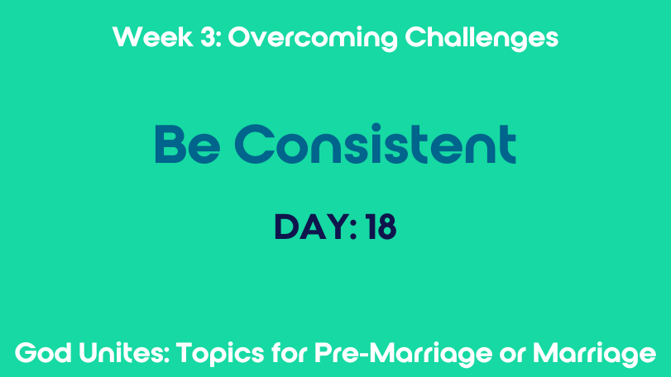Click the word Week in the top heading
click(153, 36)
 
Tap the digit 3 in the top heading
click(208, 36)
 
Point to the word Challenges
click(482, 39)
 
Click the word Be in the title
click(188, 144)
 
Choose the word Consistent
click(376, 144)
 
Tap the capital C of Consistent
click(255, 144)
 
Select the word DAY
click(312, 227)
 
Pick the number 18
click(381, 227)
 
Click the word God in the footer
click(43, 353)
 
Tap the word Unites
click(122, 353)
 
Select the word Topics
click(220, 355)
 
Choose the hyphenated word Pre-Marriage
click(403, 355)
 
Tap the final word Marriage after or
click(594, 355)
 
